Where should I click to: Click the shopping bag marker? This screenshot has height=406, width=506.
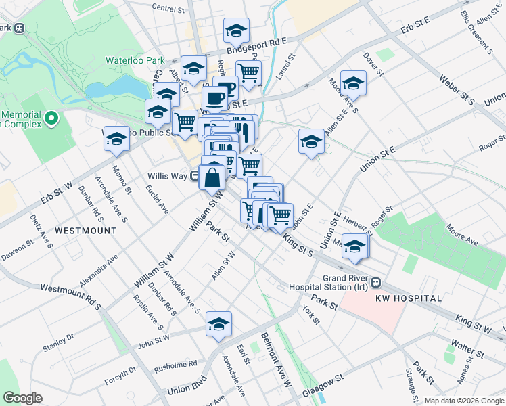tap(212, 179)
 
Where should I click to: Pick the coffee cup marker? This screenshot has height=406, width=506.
tap(215, 99)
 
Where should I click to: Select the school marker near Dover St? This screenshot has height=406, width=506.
tap(352, 83)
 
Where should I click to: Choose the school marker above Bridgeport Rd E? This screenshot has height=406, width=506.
tap(236, 30)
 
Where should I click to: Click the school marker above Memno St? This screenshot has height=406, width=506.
tap(116, 139)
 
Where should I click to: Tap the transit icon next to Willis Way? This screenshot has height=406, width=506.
tap(194, 176)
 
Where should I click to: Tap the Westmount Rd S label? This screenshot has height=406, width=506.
tap(70, 296)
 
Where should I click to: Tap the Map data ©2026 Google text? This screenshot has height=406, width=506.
tap(463, 401)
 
